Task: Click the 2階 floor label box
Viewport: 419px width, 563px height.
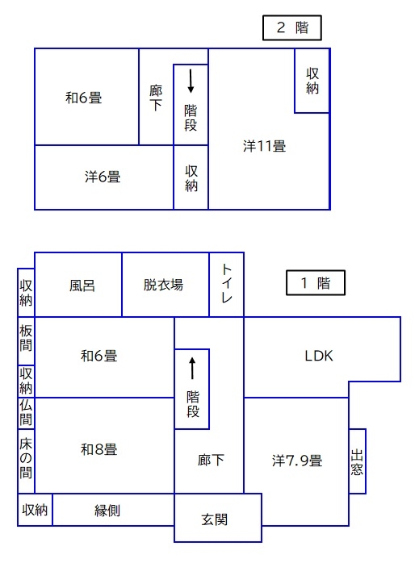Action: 291,27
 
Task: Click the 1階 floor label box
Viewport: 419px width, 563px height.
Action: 316,283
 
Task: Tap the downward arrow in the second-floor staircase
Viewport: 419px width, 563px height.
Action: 191,81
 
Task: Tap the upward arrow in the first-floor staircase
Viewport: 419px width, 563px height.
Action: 192,369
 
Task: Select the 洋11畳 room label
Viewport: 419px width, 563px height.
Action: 265,146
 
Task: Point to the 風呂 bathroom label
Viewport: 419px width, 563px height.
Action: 82,286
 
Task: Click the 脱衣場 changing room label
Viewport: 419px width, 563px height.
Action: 164,285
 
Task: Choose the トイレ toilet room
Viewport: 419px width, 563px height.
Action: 226,285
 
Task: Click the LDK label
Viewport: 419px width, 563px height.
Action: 319,356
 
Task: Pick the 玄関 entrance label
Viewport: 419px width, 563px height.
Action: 214,519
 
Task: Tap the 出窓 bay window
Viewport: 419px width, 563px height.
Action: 357,461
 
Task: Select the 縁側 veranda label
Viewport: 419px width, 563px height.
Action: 107,511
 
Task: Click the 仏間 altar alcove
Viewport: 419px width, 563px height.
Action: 26,413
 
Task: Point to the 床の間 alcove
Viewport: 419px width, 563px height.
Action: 26,461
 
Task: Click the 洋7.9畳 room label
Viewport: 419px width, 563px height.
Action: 297,461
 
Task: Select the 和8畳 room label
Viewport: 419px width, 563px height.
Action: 99,449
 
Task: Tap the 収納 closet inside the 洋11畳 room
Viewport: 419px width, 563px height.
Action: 312,81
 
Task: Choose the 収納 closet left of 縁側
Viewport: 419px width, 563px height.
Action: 35,510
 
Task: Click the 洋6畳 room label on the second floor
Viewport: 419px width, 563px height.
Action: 103,177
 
